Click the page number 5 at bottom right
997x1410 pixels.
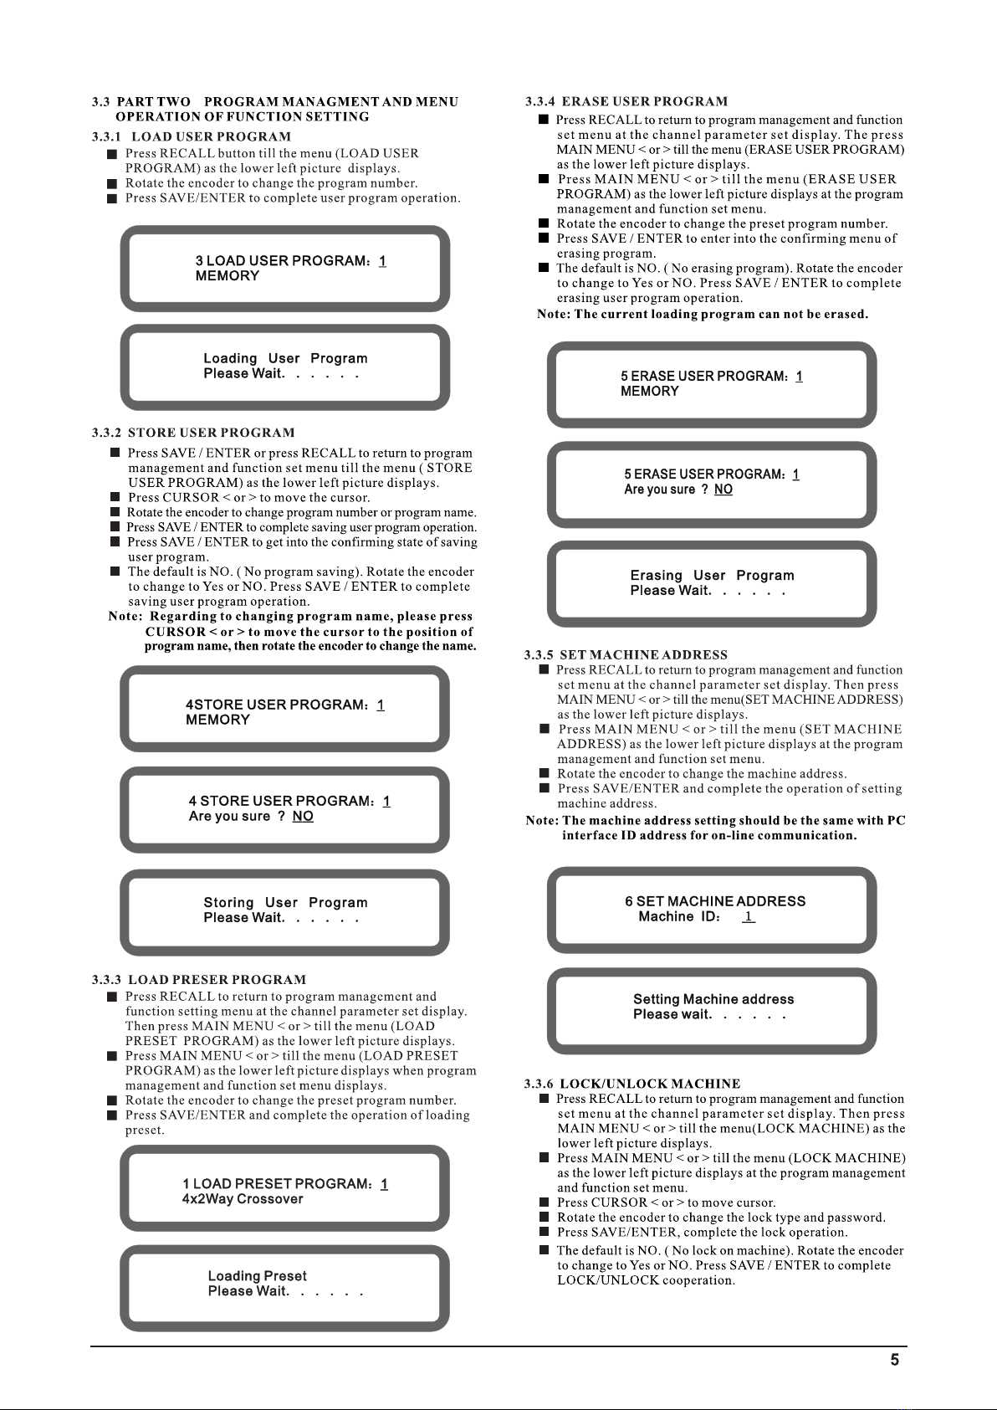(x=894, y=1360)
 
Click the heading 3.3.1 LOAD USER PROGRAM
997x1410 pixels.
(x=192, y=136)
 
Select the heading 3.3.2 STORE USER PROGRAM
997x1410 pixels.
(x=193, y=433)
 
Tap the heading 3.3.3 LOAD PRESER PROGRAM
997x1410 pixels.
(x=199, y=979)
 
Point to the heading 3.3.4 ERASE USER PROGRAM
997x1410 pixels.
(x=626, y=101)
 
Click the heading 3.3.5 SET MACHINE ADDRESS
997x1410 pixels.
(x=626, y=654)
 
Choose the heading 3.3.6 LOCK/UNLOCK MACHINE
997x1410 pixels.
(x=632, y=1084)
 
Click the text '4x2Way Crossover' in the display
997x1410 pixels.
(x=243, y=1199)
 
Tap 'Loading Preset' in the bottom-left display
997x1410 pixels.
(x=257, y=1276)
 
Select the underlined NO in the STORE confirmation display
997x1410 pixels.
(x=303, y=817)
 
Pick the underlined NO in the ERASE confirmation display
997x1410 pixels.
(x=723, y=490)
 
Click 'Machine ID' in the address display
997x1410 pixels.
(x=678, y=917)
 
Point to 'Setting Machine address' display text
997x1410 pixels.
(x=713, y=999)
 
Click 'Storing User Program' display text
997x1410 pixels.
(x=285, y=903)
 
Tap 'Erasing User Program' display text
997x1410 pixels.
(x=712, y=576)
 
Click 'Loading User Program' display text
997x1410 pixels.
(x=285, y=358)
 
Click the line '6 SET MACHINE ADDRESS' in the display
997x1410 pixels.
(x=715, y=901)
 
